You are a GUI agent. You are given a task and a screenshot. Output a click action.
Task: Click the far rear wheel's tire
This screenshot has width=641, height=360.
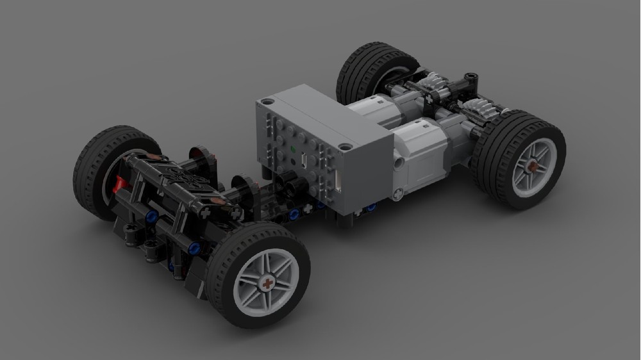359,64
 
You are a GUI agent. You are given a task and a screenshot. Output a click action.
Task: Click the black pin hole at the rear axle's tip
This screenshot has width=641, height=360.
473,76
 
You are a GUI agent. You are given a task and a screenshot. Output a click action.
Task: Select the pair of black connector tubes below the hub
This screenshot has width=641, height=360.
294,185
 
